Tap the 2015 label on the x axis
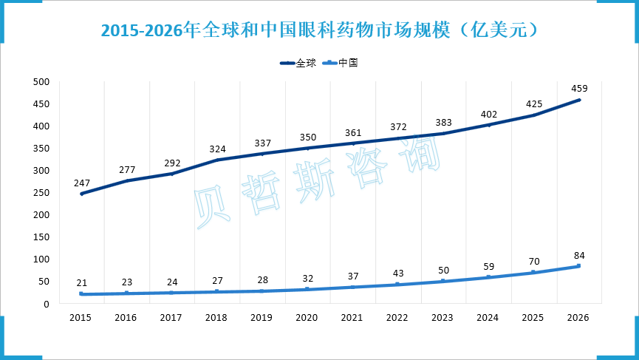(81, 317)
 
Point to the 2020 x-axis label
(307, 317)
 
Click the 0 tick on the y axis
(46, 303)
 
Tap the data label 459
(578, 89)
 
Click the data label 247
(81, 182)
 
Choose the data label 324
(216, 148)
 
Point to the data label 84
(578, 255)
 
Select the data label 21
(81, 283)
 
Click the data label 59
(488, 266)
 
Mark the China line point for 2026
(578, 266)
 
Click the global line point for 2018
(216, 160)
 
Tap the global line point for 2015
(81, 194)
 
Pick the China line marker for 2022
(397, 284)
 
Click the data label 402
(488, 114)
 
